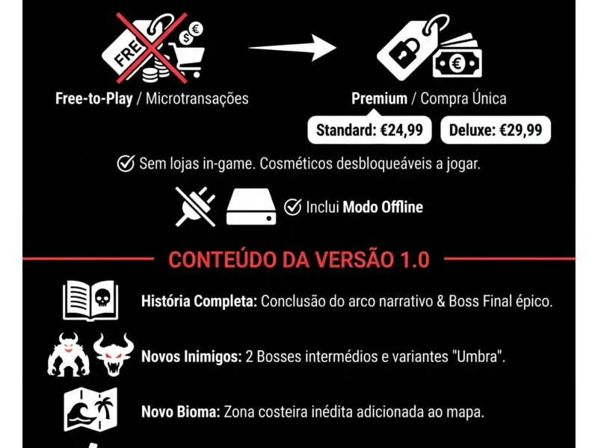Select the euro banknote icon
(x=458, y=57)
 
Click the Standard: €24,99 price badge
(x=369, y=130)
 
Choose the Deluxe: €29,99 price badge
(x=496, y=130)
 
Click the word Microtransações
(x=197, y=99)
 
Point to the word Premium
(x=379, y=99)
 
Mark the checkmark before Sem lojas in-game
(x=126, y=164)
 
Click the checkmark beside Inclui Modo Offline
(x=292, y=207)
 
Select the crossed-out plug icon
(x=196, y=206)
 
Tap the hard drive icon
(x=252, y=207)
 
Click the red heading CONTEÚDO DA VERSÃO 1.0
(x=299, y=260)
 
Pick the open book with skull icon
(x=90, y=300)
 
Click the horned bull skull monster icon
(x=114, y=354)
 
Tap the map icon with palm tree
(x=90, y=409)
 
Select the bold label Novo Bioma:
(x=181, y=411)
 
